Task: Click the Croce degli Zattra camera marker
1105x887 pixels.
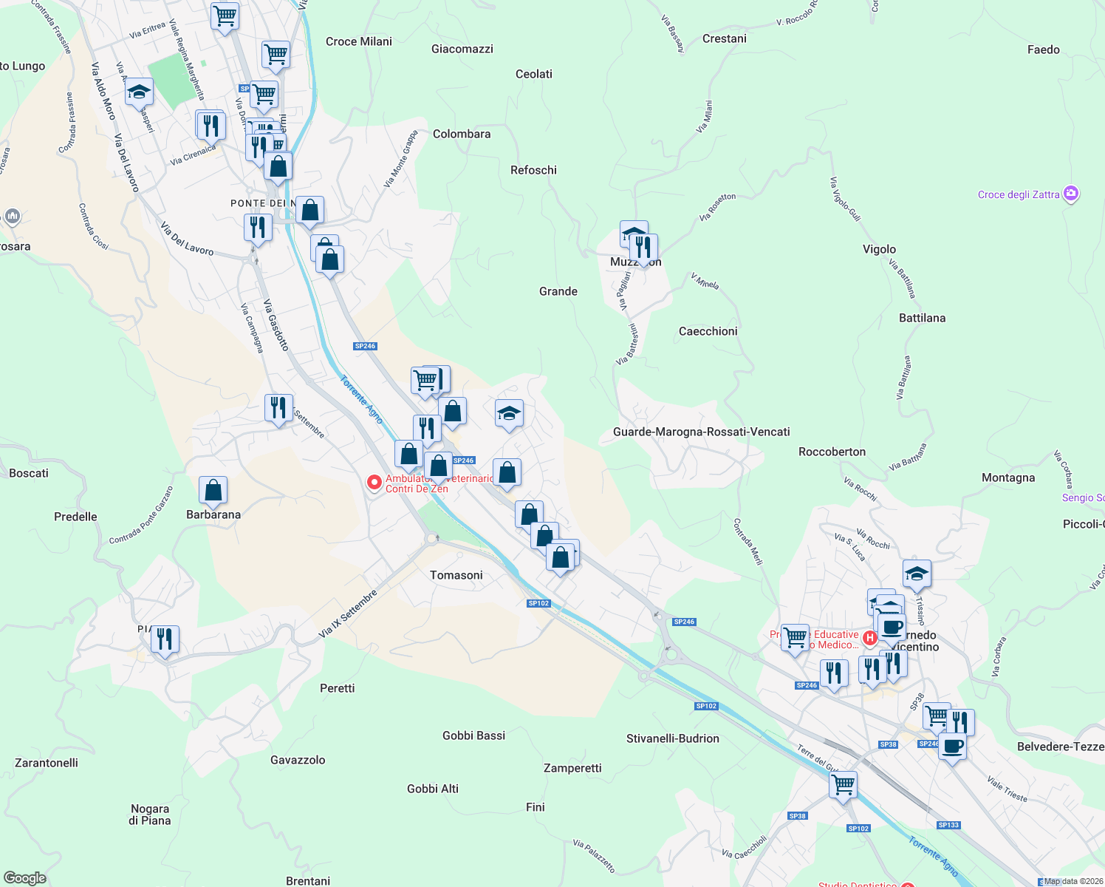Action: coord(1071,194)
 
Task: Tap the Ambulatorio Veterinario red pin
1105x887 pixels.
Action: coord(374,483)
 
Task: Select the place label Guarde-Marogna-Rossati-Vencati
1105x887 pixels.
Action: coord(701,432)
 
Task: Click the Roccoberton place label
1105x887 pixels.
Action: coord(832,452)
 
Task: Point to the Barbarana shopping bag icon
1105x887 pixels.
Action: coord(213,490)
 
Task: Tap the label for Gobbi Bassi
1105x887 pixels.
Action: coord(473,735)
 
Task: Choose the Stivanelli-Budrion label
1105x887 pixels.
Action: coord(672,738)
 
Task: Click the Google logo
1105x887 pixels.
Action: coord(24,878)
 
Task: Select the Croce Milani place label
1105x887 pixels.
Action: coord(358,41)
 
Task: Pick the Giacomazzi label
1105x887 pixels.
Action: coord(462,49)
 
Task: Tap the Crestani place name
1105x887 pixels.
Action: coord(724,38)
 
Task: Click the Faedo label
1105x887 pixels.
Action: coord(1043,50)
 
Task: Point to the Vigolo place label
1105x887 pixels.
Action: coord(879,249)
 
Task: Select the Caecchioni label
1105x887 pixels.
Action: coord(708,331)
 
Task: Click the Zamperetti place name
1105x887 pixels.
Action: coord(572,768)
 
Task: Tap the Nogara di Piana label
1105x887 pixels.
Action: coord(150,815)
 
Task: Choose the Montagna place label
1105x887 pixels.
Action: coord(1007,478)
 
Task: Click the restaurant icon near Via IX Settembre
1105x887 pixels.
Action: coord(278,407)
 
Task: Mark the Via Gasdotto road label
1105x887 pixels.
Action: coord(276,324)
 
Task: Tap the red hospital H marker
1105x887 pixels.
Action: coord(870,637)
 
